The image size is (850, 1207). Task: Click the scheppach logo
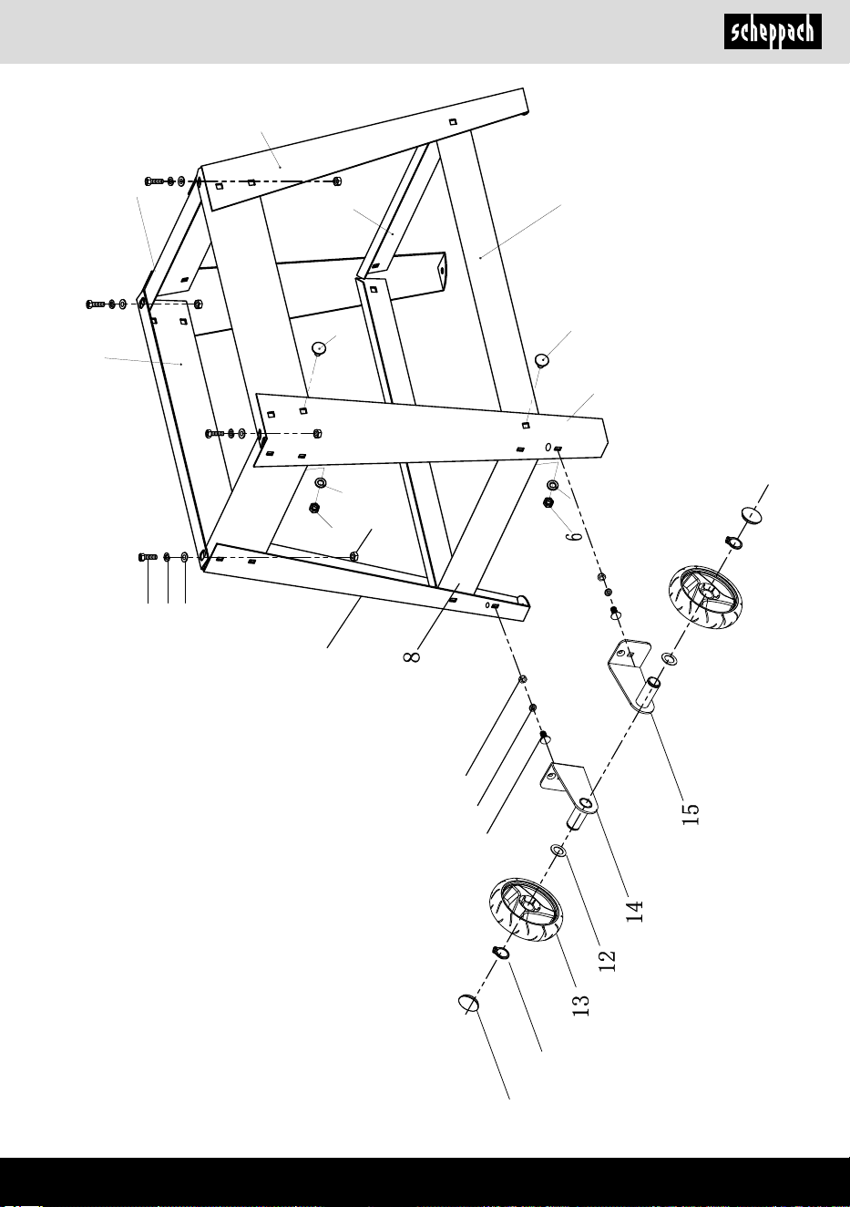(773, 31)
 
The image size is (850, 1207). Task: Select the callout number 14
(635, 912)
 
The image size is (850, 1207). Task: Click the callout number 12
(607, 960)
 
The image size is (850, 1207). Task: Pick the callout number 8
(412, 656)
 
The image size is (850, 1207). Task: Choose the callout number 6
(576, 536)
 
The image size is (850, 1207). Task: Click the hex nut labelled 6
(548, 502)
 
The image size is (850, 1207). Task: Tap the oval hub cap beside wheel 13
(468, 1003)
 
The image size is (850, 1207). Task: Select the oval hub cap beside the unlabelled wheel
(752, 514)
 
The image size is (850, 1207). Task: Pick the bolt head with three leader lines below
(147, 557)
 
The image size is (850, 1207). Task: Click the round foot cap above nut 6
(542, 359)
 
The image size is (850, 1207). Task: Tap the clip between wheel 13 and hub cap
(500, 953)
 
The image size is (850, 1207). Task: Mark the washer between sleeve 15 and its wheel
(671, 658)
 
